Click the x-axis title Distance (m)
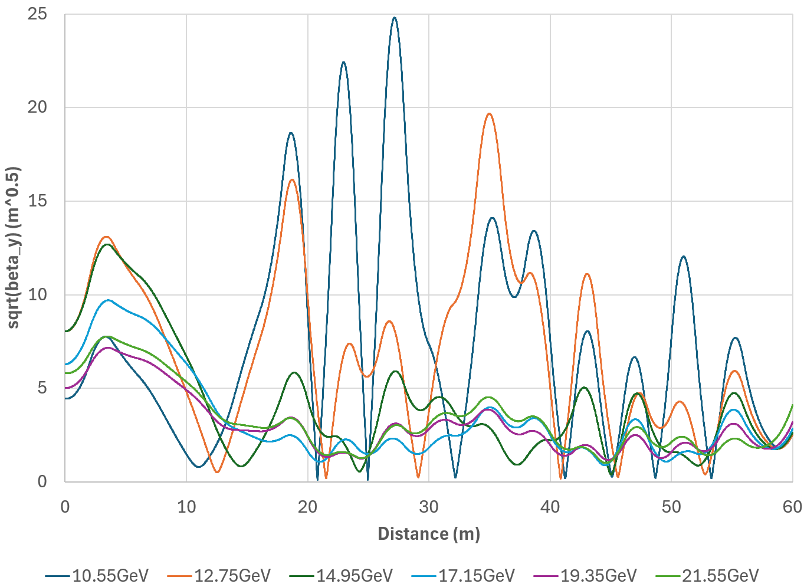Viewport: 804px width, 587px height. pos(429,534)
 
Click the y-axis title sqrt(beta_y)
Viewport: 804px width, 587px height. pos(13,248)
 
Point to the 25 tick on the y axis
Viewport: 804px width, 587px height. pos(38,14)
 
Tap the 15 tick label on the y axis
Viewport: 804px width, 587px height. pos(38,201)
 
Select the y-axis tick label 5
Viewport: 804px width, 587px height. pos(42,388)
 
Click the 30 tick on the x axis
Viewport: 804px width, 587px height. pos(429,507)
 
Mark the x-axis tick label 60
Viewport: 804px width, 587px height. pos(792,507)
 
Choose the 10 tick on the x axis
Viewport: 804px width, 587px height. pos(186,507)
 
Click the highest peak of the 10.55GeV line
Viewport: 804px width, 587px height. pos(394,18)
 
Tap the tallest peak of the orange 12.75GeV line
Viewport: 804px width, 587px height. pos(489,113)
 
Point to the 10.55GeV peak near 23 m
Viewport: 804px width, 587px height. pos(343,62)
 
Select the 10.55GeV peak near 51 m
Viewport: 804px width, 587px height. pos(683,257)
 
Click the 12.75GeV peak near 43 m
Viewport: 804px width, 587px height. pos(587,274)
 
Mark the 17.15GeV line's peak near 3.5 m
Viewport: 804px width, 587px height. pos(109,300)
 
